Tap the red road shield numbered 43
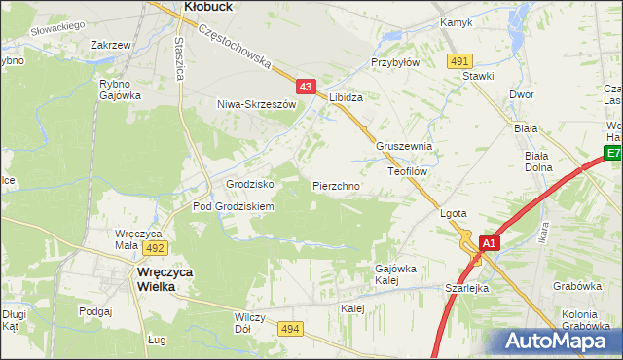306,87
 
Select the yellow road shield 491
460,60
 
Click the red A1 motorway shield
490,243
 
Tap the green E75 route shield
613,154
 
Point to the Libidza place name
346,99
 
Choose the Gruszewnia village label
403,146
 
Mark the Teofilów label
408,169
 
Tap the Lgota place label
455,213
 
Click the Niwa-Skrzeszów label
256,104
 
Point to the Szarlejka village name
466,288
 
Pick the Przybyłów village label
394,61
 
